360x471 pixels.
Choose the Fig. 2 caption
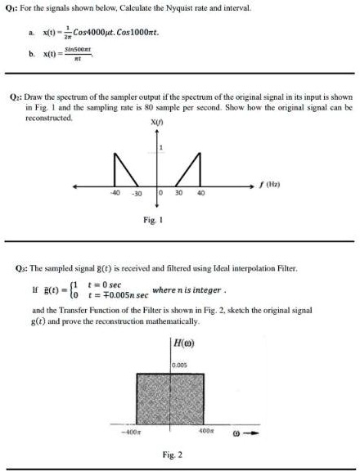click(x=173, y=453)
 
